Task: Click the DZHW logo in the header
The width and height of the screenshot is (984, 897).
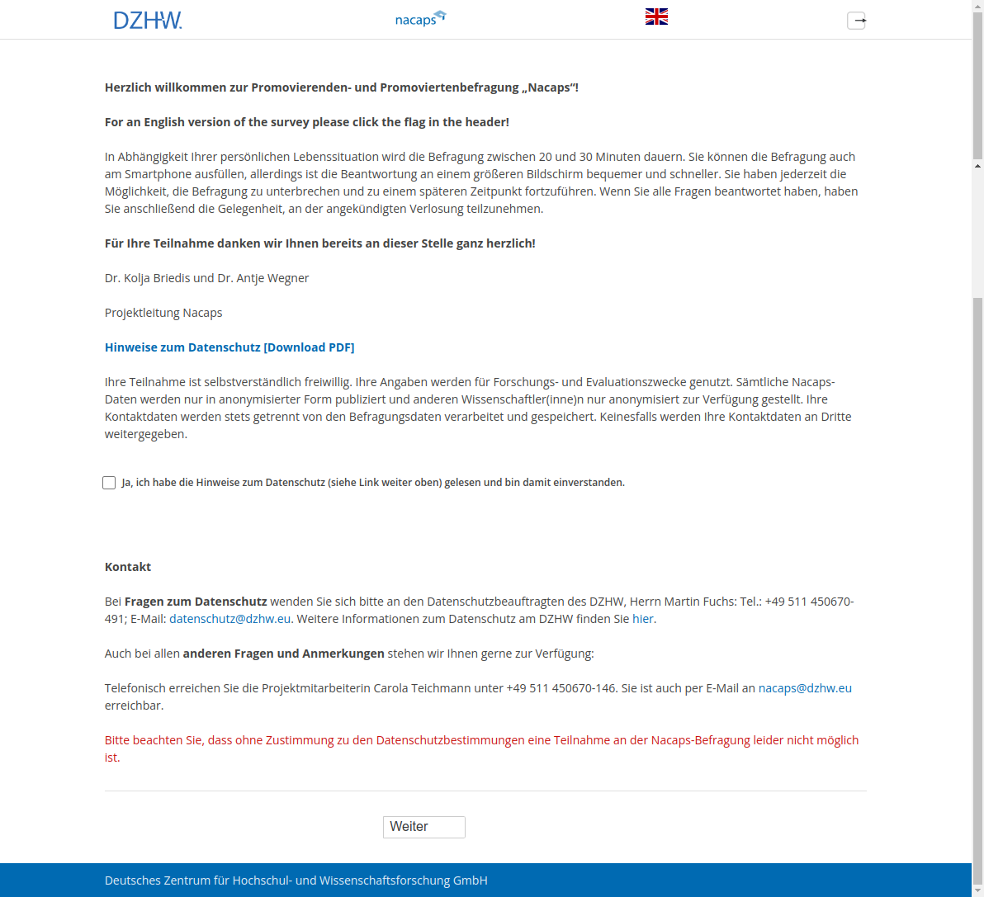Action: coord(147,20)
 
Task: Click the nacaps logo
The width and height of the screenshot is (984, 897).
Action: coord(420,18)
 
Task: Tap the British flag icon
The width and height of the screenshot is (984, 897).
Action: coord(656,17)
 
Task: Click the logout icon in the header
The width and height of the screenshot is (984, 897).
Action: coord(857,21)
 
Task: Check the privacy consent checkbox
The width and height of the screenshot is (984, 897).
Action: coord(109,483)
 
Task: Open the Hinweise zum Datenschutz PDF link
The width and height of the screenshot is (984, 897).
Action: coord(229,347)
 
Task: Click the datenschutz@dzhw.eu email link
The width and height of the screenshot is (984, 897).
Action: coord(229,619)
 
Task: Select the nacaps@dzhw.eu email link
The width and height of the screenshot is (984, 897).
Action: coord(805,688)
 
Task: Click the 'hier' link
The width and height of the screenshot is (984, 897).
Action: coord(643,619)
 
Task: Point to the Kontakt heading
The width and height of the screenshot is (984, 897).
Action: coord(128,567)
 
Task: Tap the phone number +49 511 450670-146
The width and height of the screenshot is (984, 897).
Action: coord(561,688)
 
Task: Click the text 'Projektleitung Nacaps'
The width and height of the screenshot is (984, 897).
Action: coord(163,313)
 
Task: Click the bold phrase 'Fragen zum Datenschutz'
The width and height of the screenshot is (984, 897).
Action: coord(196,602)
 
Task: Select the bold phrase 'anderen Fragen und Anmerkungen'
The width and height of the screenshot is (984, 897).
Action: coord(283,654)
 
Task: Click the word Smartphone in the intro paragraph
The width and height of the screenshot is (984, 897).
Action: coord(158,174)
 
